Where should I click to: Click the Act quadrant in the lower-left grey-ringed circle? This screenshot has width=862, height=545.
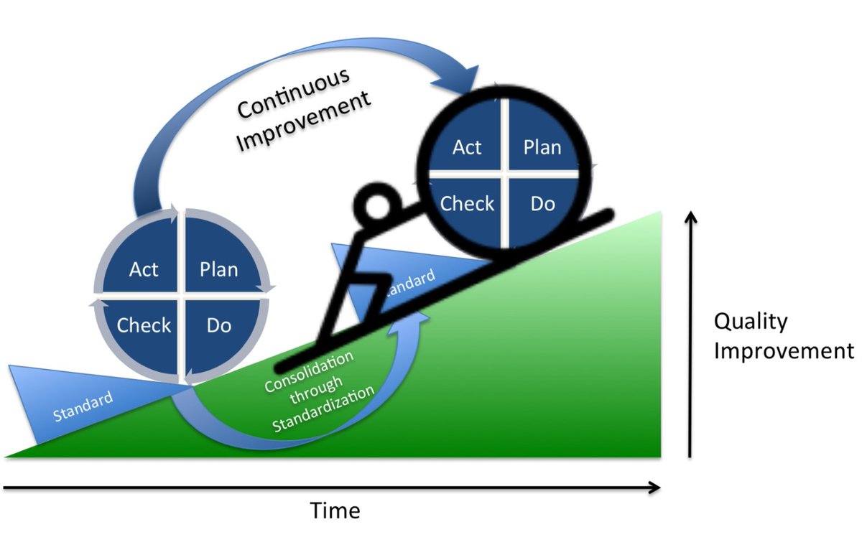(144, 269)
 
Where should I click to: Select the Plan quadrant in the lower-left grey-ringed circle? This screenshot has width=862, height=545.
(218, 269)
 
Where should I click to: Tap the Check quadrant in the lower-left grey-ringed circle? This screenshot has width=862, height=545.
(144, 325)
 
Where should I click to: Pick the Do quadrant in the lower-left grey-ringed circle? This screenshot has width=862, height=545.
(218, 325)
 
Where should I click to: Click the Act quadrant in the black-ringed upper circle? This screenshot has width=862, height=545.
(467, 146)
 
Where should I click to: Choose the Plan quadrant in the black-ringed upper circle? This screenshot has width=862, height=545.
(542, 146)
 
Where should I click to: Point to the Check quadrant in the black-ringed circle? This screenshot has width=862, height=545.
(467, 203)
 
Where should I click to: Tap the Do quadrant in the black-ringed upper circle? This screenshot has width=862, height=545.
(542, 203)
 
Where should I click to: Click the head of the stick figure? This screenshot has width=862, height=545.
(378, 207)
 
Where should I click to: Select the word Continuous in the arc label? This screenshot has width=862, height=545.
(294, 93)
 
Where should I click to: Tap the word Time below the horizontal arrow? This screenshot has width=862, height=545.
(335, 511)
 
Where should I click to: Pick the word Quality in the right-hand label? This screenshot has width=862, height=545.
(750, 321)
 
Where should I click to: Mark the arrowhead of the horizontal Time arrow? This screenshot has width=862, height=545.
(654, 488)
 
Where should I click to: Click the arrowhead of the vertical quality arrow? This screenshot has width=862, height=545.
(690, 218)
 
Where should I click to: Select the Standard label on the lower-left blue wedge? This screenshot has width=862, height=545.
(83, 406)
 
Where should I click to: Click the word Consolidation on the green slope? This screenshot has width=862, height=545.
(308, 371)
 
